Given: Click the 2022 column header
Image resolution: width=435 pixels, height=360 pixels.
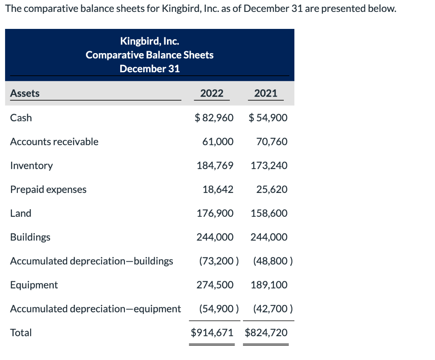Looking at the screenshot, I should pyautogui.click(x=212, y=94).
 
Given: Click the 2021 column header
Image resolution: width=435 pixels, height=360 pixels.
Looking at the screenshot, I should pyautogui.click(x=266, y=94).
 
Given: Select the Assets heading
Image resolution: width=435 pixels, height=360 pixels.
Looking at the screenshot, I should pyautogui.click(x=25, y=94).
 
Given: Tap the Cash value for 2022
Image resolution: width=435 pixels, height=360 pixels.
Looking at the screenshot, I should pyautogui.click(x=214, y=118).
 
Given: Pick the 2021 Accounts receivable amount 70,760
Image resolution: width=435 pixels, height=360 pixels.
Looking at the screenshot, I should pyautogui.click(x=272, y=142).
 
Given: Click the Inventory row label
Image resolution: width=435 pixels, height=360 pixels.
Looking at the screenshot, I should pyautogui.click(x=31, y=165).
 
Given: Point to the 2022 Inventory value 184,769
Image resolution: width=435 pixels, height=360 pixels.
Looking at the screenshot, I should pyautogui.click(x=215, y=165).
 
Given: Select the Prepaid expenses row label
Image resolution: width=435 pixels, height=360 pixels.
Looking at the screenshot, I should pyautogui.click(x=48, y=190).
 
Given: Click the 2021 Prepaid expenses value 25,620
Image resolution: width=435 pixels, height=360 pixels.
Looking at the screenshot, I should pyautogui.click(x=272, y=190).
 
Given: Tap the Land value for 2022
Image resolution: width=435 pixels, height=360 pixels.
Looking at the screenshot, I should pyautogui.click(x=215, y=213).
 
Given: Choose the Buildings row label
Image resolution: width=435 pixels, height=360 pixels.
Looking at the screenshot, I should pyautogui.click(x=30, y=237).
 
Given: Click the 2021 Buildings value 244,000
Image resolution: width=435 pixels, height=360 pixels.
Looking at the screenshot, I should pyautogui.click(x=269, y=237).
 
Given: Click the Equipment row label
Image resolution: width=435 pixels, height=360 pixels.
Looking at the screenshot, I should pyautogui.click(x=34, y=285).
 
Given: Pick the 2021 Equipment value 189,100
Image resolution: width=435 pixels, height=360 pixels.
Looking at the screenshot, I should pyautogui.click(x=269, y=285).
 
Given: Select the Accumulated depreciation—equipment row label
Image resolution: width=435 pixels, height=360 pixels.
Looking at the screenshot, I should pyautogui.click(x=96, y=309).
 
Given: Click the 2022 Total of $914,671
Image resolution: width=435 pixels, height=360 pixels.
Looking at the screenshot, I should pyautogui.click(x=212, y=332).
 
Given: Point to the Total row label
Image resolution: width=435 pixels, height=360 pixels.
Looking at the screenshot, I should pyautogui.click(x=21, y=332).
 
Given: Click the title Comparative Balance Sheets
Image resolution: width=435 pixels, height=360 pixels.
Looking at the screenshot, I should pyautogui.click(x=150, y=55).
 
